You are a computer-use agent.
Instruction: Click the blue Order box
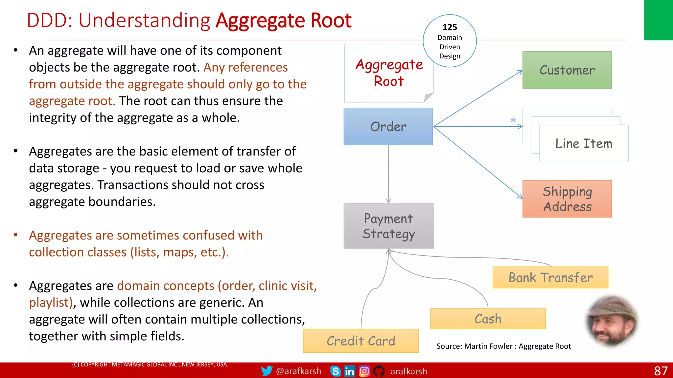pyautogui.click(x=388, y=127)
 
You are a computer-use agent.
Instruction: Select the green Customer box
pyautogui.click(x=567, y=70)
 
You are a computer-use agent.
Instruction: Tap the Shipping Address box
pyautogui.click(x=567, y=199)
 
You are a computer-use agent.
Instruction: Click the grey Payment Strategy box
pyautogui.click(x=388, y=226)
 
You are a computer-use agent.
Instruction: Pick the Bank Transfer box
pyautogui.click(x=550, y=278)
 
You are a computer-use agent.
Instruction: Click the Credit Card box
pyautogui.click(x=361, y=341)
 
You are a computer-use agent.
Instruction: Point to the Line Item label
pyautogui.click(x=584, y=144)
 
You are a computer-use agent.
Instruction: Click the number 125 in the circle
pyautogui.click(x=450, y=27)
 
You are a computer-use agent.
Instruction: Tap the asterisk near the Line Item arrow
pyautogui.click(x=513, y=120)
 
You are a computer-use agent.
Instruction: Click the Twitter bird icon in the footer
pyautogui.click(x=267, y=371)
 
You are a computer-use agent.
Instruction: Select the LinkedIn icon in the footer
pyautogui.click(x=349, y=371)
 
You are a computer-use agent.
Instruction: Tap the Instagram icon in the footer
pyautogui.click(x=364, y=371)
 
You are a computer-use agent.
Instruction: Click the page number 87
pyautogui.click(x=661, y=371)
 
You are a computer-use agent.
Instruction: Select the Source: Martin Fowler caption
pyautogui.click(x=503, y=346)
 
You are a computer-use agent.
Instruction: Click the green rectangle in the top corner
pyautogui.click(x=658, y=20)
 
